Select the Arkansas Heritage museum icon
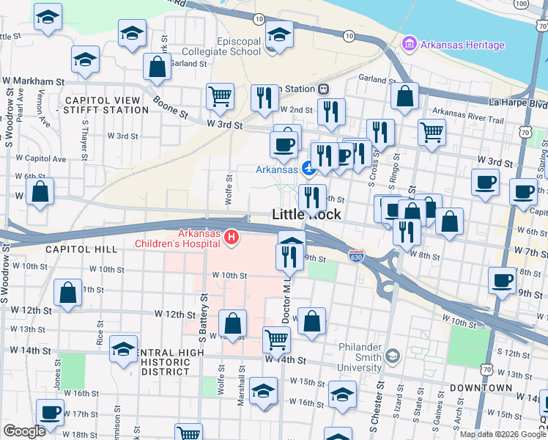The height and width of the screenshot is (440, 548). click(x=409, y=45)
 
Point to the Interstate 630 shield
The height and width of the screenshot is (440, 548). click(x=356, y=257)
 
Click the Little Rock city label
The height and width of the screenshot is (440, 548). click(x=306, y=215)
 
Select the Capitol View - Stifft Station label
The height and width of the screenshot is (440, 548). click(x=107, y=105)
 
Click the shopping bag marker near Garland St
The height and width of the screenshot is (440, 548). click(x=158, y=67)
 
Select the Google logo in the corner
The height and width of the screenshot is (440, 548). click(x=24, y=431)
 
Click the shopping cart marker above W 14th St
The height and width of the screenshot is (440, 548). click(x=276, y=339)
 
